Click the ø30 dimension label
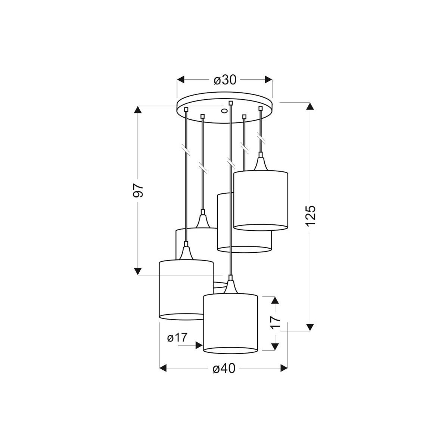[225, 80]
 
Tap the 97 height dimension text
[138, 190]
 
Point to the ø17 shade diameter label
[177, 338]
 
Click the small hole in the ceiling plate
[224, 111]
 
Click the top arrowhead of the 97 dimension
[138, 110]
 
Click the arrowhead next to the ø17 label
[199, 346]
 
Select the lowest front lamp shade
[231, 323]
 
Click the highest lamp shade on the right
[261, 200]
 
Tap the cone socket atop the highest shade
[261, 163]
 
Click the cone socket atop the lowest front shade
[230, 286]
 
